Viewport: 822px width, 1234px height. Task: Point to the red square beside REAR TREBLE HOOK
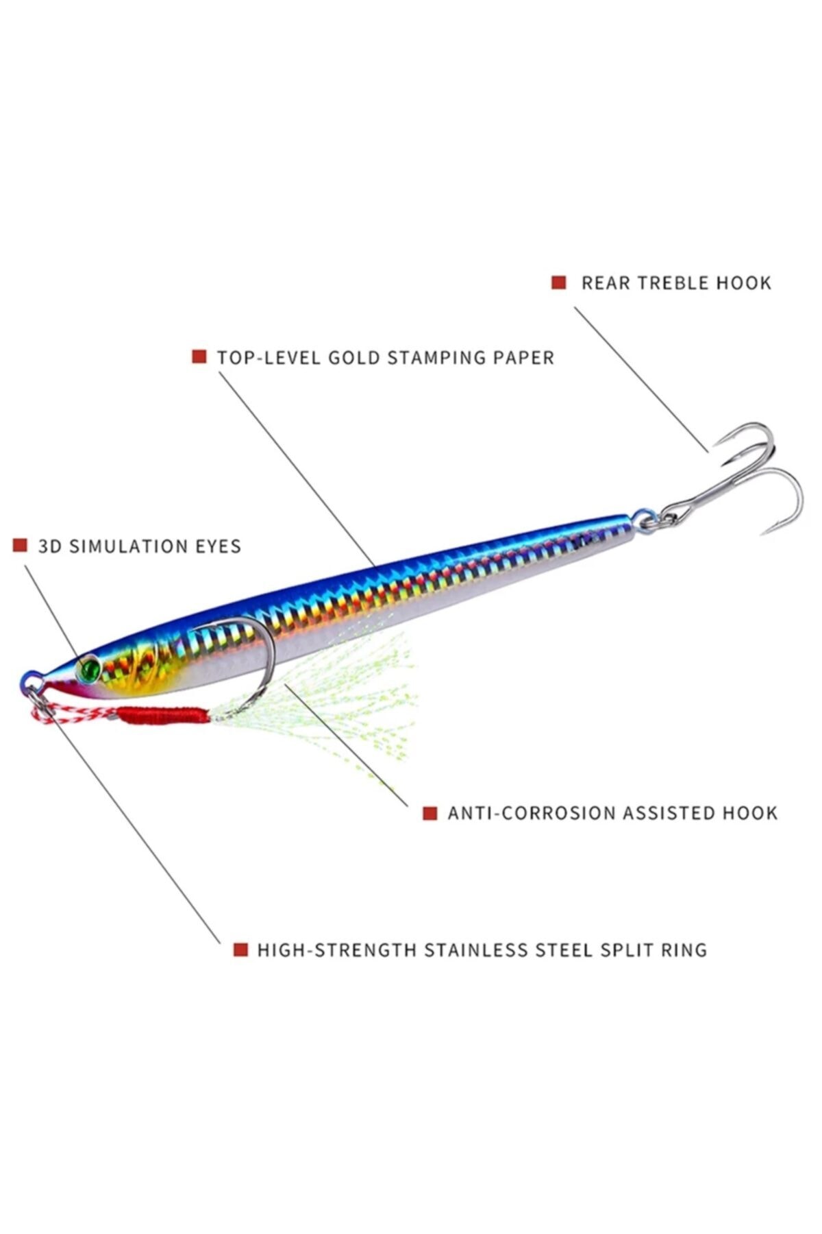[559, 282]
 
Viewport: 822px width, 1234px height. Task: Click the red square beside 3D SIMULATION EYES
[20, 546]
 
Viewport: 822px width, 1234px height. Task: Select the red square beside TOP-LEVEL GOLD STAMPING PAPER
[199, 356]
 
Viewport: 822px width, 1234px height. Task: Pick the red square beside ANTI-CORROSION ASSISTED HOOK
[429, 813]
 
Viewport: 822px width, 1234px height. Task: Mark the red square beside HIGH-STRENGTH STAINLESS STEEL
[240, 949]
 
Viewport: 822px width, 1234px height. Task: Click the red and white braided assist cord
[68, 713]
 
